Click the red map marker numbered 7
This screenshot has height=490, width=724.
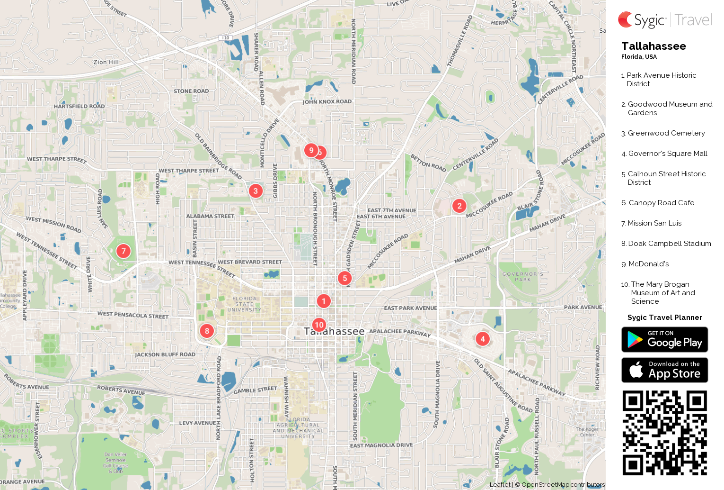(x=124, y=251)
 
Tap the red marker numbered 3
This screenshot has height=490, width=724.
(x=256, y=191)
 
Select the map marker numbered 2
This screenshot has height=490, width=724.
(x=459, y=206)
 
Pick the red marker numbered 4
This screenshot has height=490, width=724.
(x=482, y=339)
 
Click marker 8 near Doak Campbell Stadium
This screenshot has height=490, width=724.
(x=207, y=331)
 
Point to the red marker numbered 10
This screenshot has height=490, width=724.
(x=319, y=325)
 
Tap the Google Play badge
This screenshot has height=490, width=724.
(x=664, y=340)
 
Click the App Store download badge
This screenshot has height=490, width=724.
(x=664, y=370)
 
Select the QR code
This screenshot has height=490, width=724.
(x=664, y=433)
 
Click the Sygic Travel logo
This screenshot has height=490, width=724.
(x=664, y=20)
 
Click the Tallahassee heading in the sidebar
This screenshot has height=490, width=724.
(x=653, y=46)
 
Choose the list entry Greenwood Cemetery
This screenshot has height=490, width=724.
(x=666, y=133)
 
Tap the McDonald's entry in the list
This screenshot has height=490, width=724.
(x=648, y=264)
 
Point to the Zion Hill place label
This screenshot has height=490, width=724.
(x=106, y=62)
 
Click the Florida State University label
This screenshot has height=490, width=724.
(x=244, y=304)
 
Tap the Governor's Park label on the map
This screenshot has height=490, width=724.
(x=523, y=277)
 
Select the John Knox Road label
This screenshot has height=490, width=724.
(x=327, y=101)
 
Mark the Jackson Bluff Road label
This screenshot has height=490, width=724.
(x=165, y=354)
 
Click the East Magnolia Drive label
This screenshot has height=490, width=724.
(x=381, y=445)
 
